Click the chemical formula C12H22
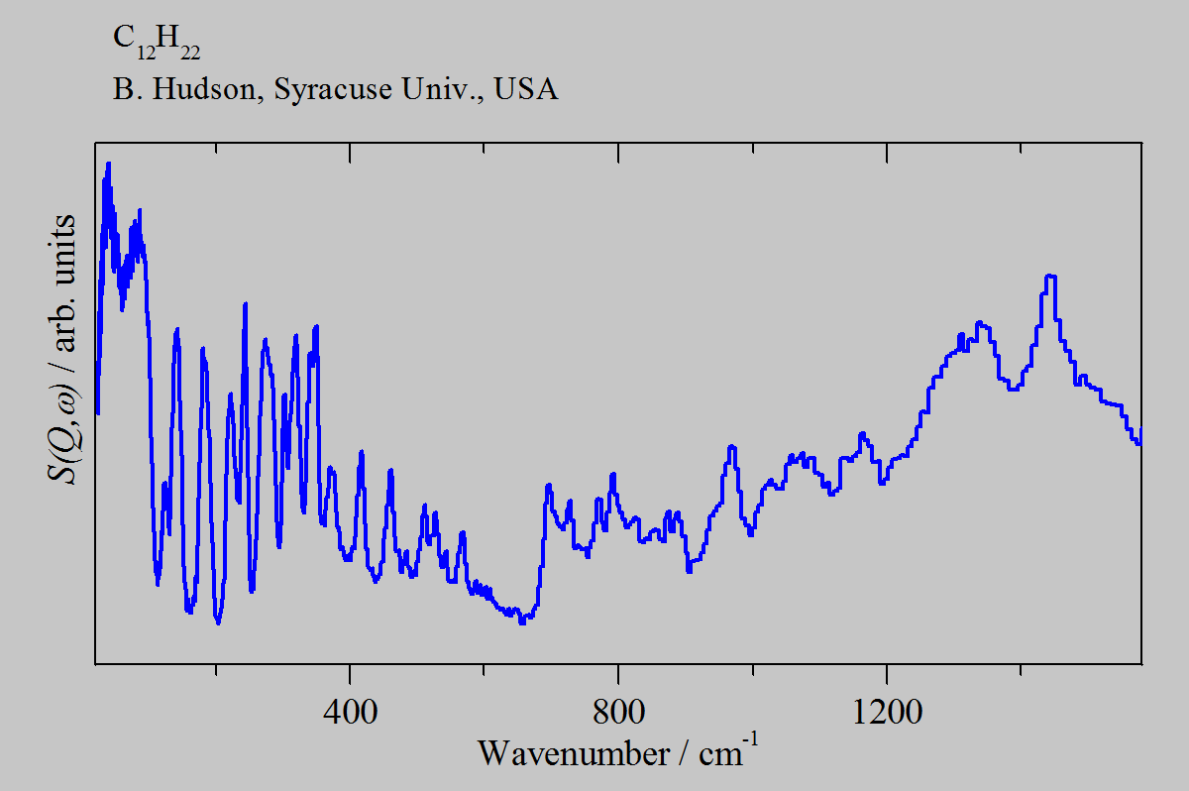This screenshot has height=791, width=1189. [x=157, y=43]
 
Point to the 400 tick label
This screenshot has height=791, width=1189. [x=350, y=711]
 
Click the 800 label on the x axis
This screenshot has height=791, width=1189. [x=617, y=711]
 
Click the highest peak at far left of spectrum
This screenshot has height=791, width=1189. [x=108, y=165]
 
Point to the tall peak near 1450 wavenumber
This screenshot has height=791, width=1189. [x=1049, y=277]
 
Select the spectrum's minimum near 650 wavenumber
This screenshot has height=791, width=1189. [x=522, y=621]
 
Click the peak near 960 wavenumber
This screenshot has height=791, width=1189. [x=732, y=448]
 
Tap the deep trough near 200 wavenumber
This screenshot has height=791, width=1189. [x=218, y=622]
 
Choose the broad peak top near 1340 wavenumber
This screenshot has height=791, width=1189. [x=980, y=323]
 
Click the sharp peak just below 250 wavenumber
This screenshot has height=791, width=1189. [x=245, y=304]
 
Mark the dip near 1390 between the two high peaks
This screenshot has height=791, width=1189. [x=1013, y=389]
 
